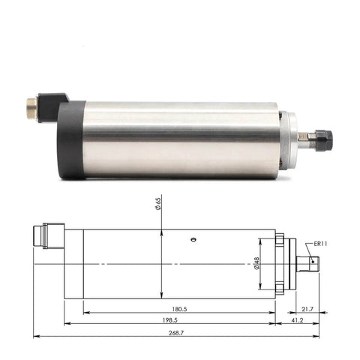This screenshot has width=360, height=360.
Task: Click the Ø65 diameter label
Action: click(160, 204)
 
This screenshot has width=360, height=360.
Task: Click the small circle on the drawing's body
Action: click(193, 240)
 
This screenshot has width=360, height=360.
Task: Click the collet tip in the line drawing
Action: click(312, 263)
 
